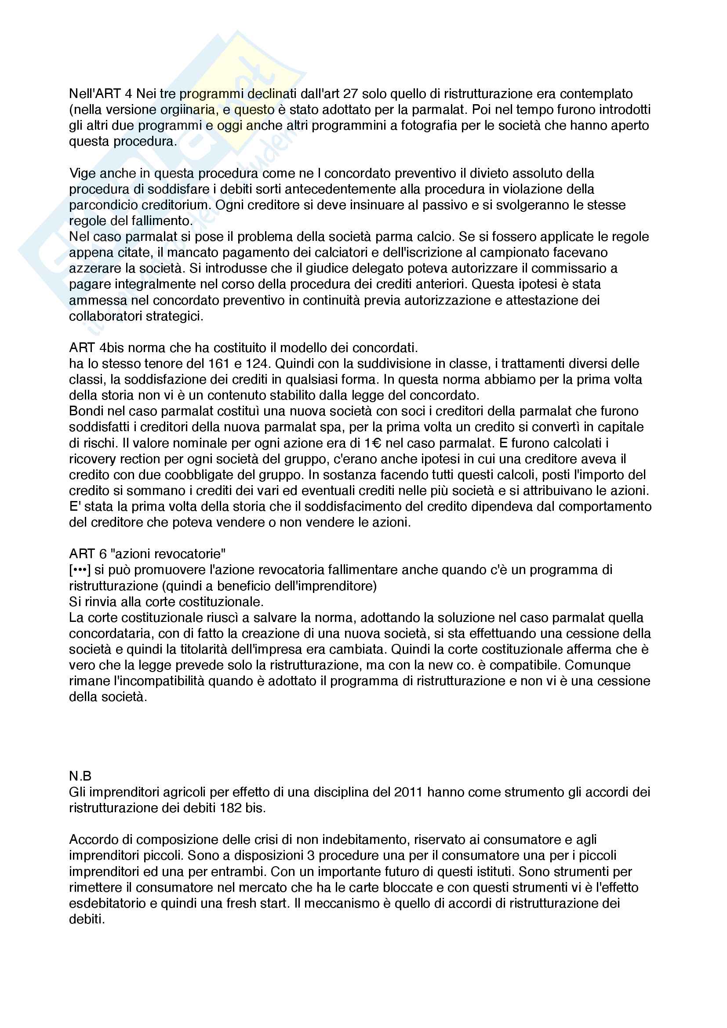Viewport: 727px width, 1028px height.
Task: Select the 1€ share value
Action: [x=372, y=443]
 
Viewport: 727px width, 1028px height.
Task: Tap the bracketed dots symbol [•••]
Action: [x=80, y=570]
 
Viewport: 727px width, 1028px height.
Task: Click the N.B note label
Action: [x=80, y=776]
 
